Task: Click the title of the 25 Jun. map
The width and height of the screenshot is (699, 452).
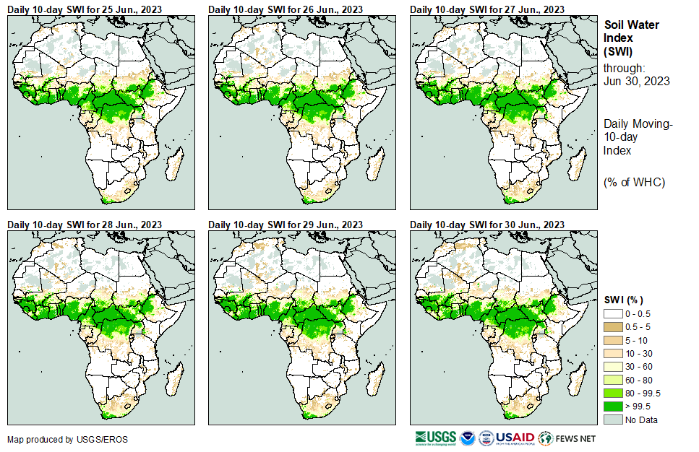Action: pyautogui.click(x=85, y=9)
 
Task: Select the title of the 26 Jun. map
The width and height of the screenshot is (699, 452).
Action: pyautogui.click(x=286, y=9)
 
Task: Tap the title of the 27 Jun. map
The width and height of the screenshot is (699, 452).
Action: pyautogui.click(x=487, y=9)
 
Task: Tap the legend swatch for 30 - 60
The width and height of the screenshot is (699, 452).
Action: pyautogui.click(x=613, y=367)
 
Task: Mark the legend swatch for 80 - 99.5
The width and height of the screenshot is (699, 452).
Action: pyautogui.click(x=613, y=393)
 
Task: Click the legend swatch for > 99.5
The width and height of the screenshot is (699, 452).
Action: pyautogui.click(x=613, y=406)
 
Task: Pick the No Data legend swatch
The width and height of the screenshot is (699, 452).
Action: pyautogui.click(x=613, y=420)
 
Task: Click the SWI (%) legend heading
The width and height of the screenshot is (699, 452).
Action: pyautogui.click(x=624, y=300)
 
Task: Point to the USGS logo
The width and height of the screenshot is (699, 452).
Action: pyautogui.click(x=437, y=438)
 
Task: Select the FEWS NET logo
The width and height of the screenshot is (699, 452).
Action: pyautogui.click(x=567, y=438)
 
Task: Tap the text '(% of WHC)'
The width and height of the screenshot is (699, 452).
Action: pyautogui.click(x=634, y=182)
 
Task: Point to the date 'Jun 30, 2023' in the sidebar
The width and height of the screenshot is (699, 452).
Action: pyautogui.click(x=636, y=81)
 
